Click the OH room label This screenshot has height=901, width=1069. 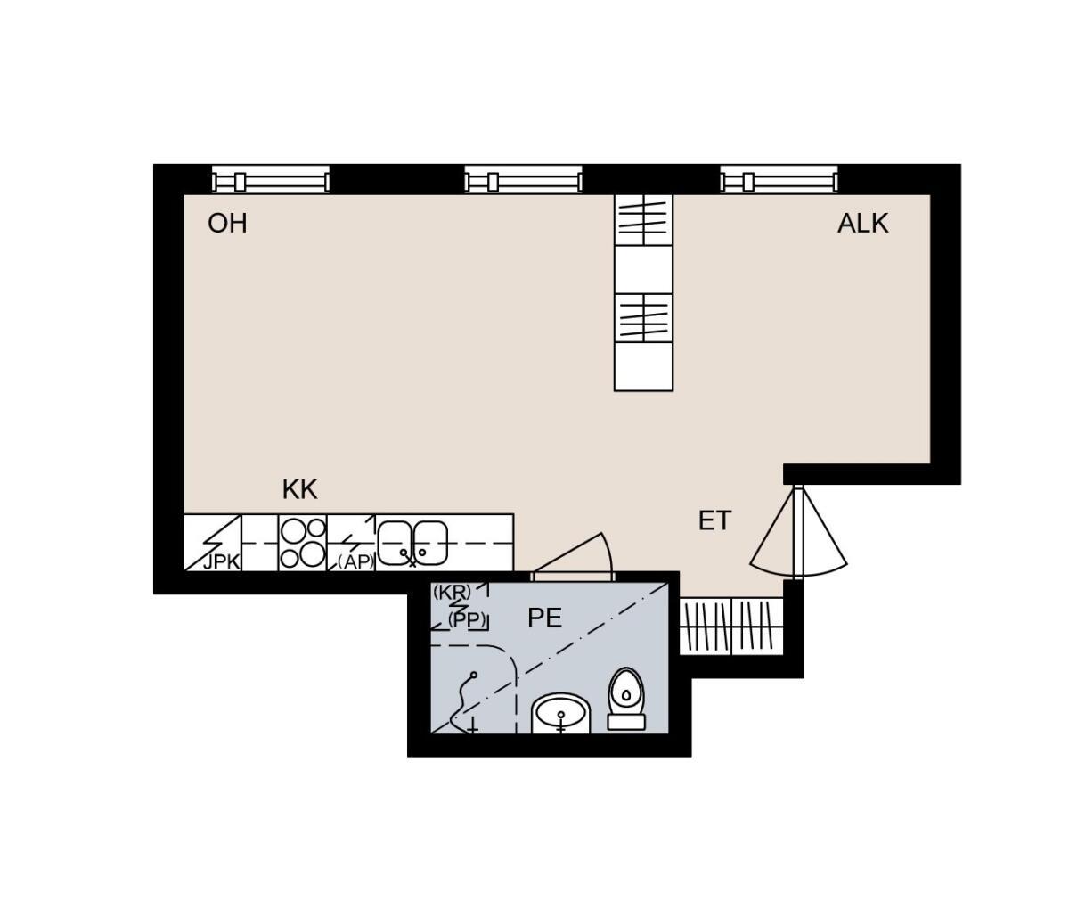(x=227, y=224)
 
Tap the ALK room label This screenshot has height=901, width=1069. (x=862, y=224)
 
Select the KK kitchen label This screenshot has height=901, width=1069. (x=299, y=489)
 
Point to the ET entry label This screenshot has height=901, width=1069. (x=714, y=520)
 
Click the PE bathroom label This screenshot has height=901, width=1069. (x=544, y=618)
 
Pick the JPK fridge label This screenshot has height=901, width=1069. (x=221, y=562)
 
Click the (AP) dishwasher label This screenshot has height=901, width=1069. (x=356, y=562)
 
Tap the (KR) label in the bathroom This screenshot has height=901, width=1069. (x=452, y=592)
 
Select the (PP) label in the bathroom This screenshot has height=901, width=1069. (x=467, y=619)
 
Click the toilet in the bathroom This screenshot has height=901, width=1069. (x=625, y=699)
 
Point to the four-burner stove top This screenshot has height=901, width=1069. (x=303, y=543)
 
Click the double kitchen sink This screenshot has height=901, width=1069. (x=412, y=544)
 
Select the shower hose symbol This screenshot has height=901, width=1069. (x=463, y=704)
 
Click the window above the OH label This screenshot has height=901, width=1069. (x=271, y=179)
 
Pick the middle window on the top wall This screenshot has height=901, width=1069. (x=523, y=179)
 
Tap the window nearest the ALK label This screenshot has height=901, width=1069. (x=779, y=179)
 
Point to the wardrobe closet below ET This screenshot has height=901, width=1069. (x=731, y=626)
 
